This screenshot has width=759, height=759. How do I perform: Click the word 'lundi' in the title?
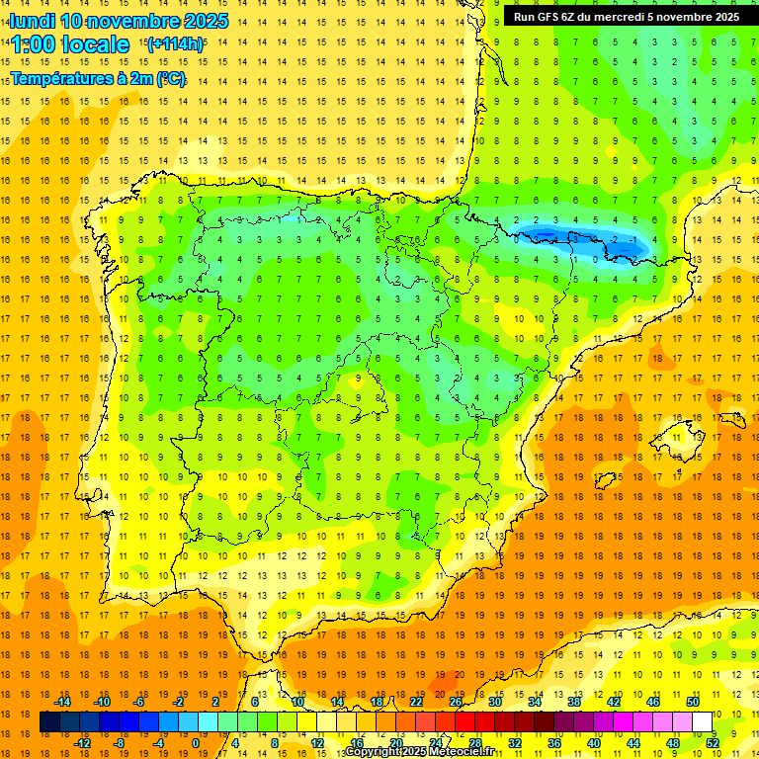[x=32, y=21]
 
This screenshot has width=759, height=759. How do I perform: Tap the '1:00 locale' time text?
[x=70, y=44]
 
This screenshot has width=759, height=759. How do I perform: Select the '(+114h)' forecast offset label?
[x=175, y=43]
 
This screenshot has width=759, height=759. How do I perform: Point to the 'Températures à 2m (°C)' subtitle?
[x=98, y=79]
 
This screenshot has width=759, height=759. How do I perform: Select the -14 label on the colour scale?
[x=62, y=702]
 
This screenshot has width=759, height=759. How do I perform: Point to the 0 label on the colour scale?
[x=196, y=743]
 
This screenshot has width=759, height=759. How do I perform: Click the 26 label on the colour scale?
[x=456, y=702]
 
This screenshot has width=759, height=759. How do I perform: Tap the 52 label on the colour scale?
[x=712, y=743]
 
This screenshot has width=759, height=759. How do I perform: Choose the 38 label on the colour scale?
[x=573, y=702]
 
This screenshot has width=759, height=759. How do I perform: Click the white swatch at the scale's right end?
[x=702, y=722]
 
